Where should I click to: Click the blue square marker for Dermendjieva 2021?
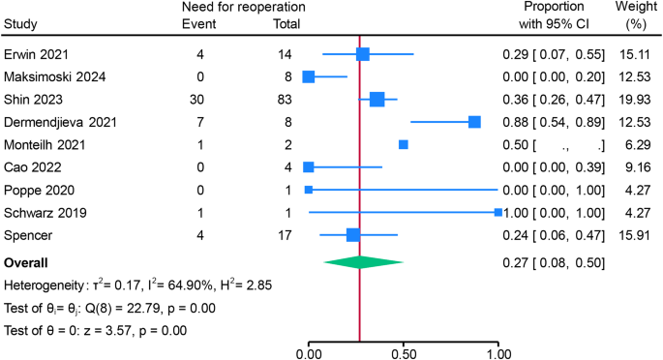click(474, 122)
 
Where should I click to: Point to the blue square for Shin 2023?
click(377, 99)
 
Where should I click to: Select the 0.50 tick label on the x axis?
click(404, 352)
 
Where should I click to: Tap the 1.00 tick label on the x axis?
click(497, 352)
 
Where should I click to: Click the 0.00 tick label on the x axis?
click(309, 352)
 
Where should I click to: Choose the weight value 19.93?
click(636, 99)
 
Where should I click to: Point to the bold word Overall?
click(28, 262)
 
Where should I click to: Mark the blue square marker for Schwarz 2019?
click(497, 212)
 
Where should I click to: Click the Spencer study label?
click(30, 235)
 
